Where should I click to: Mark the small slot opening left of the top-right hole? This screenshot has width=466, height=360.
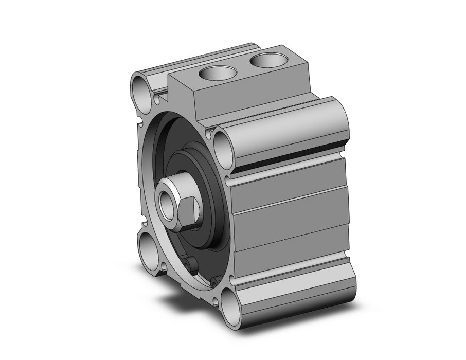[208, 135]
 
